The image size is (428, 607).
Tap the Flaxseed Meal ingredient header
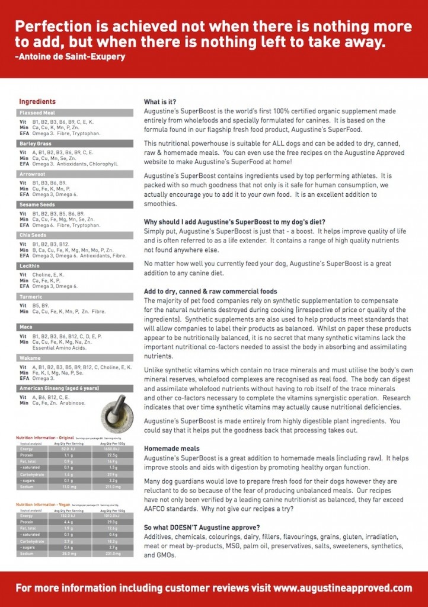[x=37, y=113]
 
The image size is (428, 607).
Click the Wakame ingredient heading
[x=30, y=357]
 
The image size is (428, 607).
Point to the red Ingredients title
[x=37, y=101]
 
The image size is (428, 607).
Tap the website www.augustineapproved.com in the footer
[x=343, y=589]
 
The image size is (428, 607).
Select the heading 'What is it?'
[x=160, y=102]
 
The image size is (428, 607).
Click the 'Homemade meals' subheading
[x=172, y=449]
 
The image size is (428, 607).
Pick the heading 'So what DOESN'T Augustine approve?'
[x=202, y=528]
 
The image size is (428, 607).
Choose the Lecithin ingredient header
[x=30, y=266]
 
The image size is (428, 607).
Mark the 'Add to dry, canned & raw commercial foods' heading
[x=210, y=292]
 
